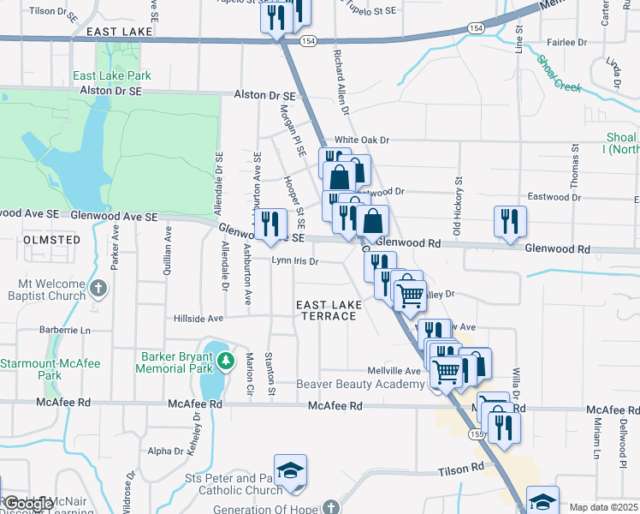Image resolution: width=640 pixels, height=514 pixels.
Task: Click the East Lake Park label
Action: click(112, 75)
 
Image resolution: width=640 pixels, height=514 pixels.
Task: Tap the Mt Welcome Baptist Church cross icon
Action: click(98, 288)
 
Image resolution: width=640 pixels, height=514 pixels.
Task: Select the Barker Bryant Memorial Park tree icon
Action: click(226, 362)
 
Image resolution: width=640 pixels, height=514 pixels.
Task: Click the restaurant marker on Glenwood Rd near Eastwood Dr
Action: click(510, 221)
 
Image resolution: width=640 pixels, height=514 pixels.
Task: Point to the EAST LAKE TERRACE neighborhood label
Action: click(326, 310)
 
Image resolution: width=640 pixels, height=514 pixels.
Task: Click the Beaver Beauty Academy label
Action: click(361, 384)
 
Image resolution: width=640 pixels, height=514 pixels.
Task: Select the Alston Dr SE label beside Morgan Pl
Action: click(265, 97)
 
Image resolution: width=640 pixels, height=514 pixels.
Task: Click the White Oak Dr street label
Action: click(362, 140)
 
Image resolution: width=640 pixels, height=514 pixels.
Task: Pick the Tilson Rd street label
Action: click(461, 468)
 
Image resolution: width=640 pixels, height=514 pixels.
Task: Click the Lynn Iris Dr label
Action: click(295, 260)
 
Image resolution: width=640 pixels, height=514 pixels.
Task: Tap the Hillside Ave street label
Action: click(199, 318)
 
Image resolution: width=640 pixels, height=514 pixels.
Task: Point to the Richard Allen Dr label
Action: click(341, 81)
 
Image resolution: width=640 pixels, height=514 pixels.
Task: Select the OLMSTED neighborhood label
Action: click(51, 240)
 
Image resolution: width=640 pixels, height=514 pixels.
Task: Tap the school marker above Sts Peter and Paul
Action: click(291, 471)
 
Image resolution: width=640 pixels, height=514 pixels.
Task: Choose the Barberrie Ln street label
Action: click(64, 330)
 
